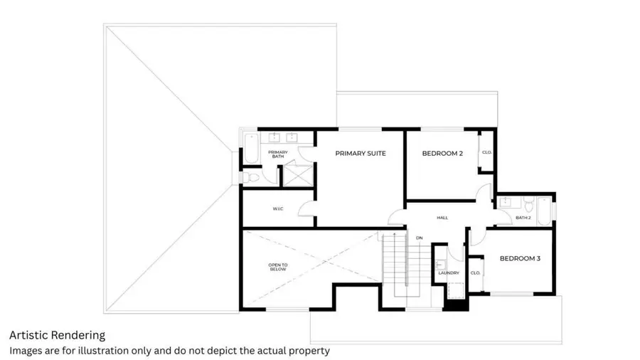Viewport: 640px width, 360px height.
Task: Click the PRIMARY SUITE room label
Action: pos(360,153)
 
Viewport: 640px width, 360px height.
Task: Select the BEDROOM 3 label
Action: pos(520,258)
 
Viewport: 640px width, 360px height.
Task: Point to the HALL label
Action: pos(442,218)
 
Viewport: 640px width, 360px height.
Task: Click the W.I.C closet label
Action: pos(278,209)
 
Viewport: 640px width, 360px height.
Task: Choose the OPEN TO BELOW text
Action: pos(277,268)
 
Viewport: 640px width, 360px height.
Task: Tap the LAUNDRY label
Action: pos(449,272)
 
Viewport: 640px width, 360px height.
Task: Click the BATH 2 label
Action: pos(523,218)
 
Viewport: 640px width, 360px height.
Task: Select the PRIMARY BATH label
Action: pos(277,154)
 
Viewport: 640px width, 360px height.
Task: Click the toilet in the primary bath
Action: pos(254,177)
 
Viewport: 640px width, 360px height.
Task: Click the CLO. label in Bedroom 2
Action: pos(487,152)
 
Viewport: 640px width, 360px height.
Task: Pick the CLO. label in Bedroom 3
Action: pos(476,272)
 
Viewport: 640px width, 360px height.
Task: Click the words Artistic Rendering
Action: pos(57,335)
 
